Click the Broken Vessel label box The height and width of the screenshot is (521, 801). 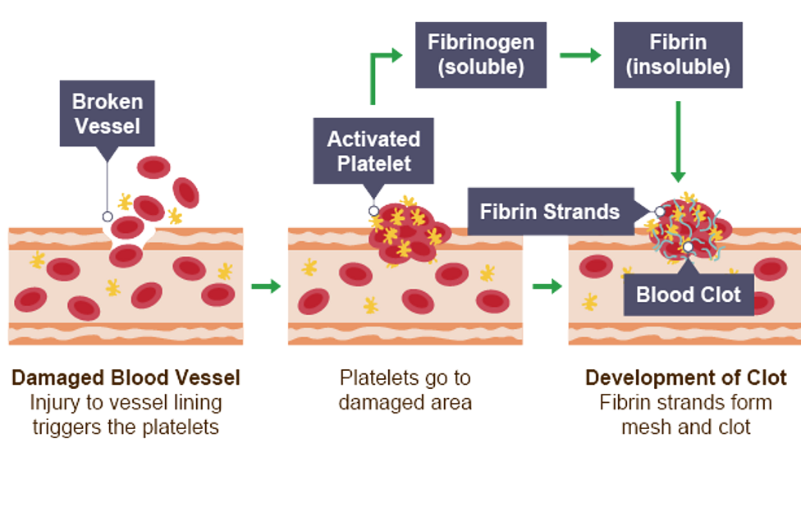pos(108,113)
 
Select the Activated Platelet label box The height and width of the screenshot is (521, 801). pos(373,151)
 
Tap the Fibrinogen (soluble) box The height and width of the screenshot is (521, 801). pos(481,55)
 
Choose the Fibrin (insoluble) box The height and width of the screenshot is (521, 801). pos(678,55)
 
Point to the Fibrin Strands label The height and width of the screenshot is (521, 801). pos(549,212)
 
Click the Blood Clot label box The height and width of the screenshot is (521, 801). pos(688,295)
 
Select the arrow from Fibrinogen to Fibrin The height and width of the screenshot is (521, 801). pos(580,56)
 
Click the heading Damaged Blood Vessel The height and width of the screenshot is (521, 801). pos(126,378)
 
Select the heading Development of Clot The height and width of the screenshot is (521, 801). pos(686,378)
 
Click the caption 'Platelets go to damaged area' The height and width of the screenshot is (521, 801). pos(405,391)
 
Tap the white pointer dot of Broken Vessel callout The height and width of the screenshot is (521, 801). pos(107,217)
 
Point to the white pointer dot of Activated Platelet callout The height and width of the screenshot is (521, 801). pos(373,211)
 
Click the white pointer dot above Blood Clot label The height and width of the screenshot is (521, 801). pos(688,246)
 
